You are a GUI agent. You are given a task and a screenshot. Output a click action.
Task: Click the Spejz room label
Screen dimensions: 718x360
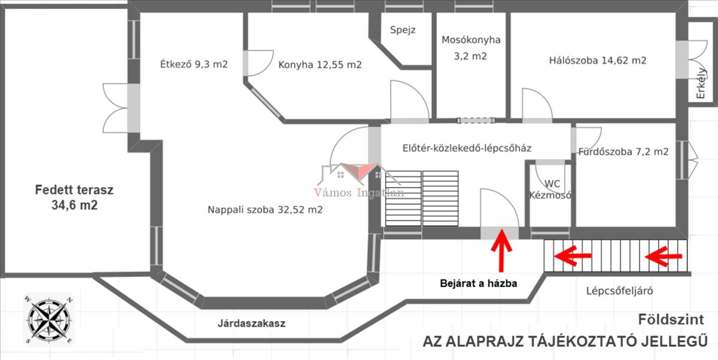403,30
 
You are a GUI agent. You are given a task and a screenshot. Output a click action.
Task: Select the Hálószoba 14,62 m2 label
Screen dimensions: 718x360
598,60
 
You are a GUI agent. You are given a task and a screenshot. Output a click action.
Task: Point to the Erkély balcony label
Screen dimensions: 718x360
701,83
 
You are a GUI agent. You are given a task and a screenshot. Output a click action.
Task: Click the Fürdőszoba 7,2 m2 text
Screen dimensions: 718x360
623,151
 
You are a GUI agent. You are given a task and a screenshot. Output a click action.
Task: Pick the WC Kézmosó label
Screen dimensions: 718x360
550,190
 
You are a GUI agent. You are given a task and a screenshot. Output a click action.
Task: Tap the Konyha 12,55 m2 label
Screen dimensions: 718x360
320,65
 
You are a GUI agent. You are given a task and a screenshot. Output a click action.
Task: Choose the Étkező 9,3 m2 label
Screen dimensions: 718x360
194,64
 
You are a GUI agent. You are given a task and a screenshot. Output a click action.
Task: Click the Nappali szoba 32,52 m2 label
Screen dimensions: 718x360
265,209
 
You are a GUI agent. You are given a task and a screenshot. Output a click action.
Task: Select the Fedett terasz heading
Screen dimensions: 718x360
74,190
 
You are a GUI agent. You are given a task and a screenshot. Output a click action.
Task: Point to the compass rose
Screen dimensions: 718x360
48,320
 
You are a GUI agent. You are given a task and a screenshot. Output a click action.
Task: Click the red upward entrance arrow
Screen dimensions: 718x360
501,251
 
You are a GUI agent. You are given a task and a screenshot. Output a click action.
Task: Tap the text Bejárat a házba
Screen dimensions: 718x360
478,283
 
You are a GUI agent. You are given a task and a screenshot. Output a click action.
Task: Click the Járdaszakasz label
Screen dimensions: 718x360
251,323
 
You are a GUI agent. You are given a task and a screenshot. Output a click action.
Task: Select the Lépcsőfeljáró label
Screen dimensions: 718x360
619,291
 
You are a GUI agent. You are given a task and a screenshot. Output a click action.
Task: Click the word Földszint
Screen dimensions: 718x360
671,319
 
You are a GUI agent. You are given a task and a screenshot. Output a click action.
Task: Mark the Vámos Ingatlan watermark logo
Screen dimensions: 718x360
359,181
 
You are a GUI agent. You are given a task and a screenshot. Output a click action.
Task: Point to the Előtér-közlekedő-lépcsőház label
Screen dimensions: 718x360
467,148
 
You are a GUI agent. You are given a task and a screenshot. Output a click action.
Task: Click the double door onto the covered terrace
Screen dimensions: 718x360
120,108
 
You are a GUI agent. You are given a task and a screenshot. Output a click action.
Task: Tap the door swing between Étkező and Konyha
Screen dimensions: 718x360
258,63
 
